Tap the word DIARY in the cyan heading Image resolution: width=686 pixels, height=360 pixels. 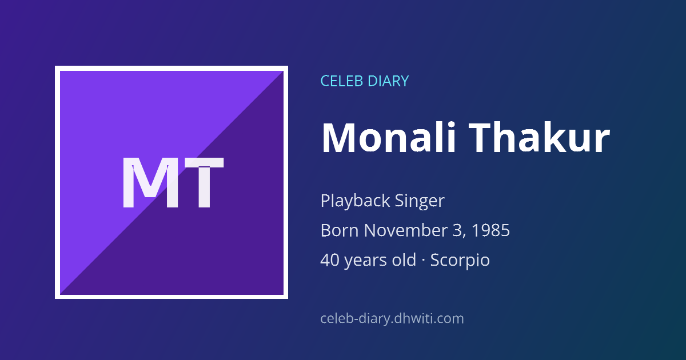tap(388, 81)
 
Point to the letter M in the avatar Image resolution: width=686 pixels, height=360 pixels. tap(150, 182)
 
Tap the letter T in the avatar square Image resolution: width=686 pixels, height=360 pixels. tap(204, 182)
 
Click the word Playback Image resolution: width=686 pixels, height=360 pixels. tap(355, 201)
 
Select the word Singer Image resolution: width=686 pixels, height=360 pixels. tap(419, 201)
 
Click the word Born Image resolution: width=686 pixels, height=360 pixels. tap(340, 230)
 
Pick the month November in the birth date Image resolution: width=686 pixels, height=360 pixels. tap(405, 230)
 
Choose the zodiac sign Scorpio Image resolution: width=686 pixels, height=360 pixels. tap(460, 261)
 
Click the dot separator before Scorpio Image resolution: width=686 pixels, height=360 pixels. tap(423, 261)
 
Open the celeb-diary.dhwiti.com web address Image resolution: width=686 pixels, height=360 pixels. tap(392, 319)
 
